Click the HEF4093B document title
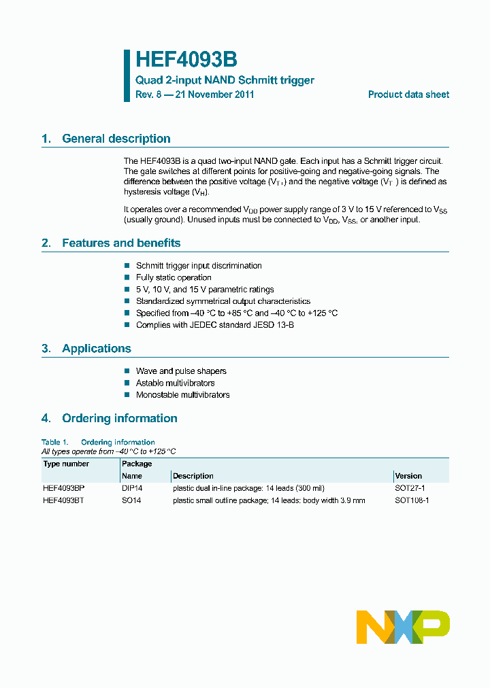click(x=186, y=60)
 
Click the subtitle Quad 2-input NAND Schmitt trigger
click(x=225, y=80)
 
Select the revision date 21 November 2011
click(x=214, y=94)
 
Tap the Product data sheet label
click(x=408, y=94)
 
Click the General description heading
click(x=116, y=139)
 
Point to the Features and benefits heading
click(x=121, y=243)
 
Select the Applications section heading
click(x=96, y=348)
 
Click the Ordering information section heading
click(x=119, y=418)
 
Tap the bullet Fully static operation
click(x=174, y=277)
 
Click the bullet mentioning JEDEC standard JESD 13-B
click(x=214, y=325)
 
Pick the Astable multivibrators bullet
click(x=175, y=383)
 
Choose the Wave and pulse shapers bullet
click(x=181, y=371)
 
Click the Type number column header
click(x=66, y=464)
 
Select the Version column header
click(x=408, y=476)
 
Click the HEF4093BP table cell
click(x=63, y=488)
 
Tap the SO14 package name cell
click(x=131, y=500)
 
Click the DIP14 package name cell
click(x=133, y=488)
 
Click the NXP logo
click(x=403, y=627)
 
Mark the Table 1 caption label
click(x=54, y=442)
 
